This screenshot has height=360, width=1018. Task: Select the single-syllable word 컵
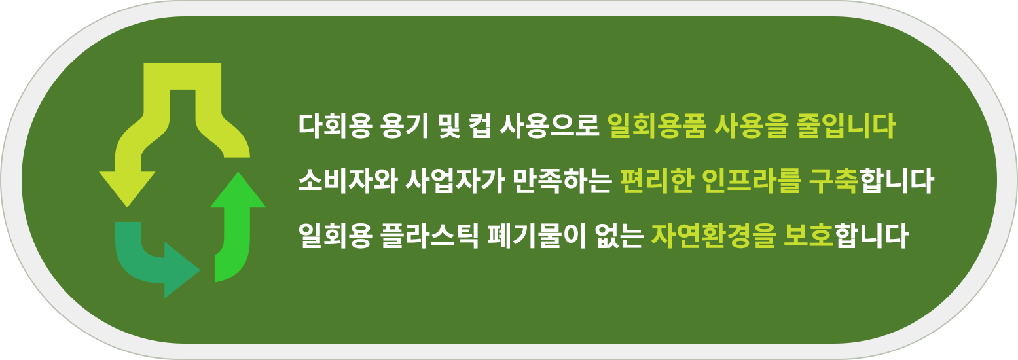pyautogui.click(x=479, y=126)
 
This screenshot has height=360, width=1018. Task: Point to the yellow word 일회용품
pyautogui.click(x=656, y=126)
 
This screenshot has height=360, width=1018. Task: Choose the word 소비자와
pyautogui.click(x=348, y=181)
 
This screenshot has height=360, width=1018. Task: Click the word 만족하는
pyautogui.click(x=562, y=181)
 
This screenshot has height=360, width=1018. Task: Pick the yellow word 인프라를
pyautogui.click(x=751, y=181)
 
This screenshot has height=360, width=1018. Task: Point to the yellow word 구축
pyautogui.click(x=833, y=181)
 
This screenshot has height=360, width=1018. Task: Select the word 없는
pyautogui.click(x=619, y=236)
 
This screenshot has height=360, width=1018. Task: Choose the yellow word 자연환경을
pyautogui.click(x=713, y=236)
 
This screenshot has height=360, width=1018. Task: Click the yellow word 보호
pyautogui.click(x=808, y=236)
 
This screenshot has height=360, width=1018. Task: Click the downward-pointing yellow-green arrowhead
pyautogui.click(x=127, y=187)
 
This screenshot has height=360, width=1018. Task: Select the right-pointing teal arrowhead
pyautogui.click(x=181, y=270)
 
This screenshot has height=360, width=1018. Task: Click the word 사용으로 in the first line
pyautogui.click(x=549, y=126)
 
